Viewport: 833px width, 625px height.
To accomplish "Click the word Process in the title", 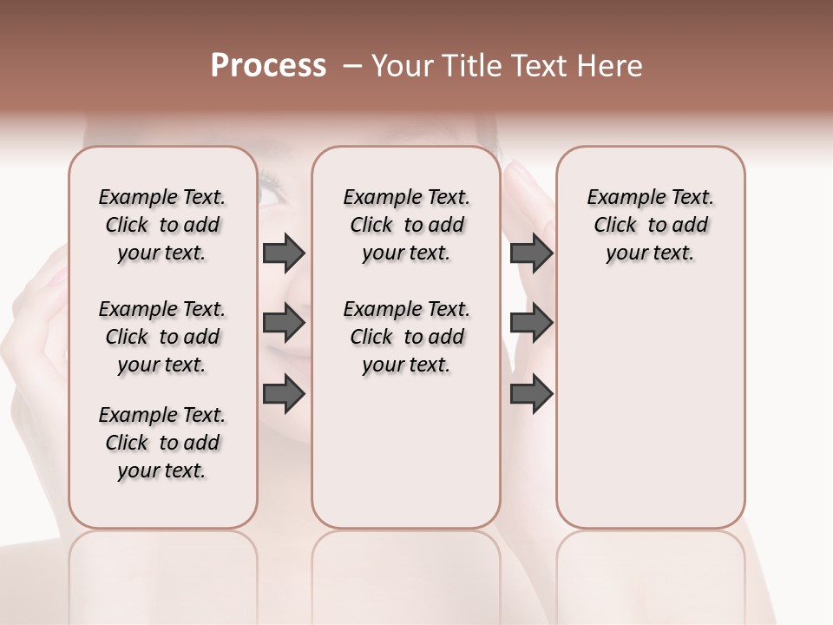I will tap(268, 66).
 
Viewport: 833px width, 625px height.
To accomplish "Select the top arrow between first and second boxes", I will tap(284, 253).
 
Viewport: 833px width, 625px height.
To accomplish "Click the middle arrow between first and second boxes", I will tap(284, 323).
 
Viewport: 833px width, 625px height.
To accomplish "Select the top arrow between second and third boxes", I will tap(532, 253).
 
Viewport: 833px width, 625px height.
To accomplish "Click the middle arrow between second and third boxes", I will tap(532, 323).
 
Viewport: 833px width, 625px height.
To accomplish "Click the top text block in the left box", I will tap(162, 225).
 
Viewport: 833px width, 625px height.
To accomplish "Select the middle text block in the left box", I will tap(162, 337).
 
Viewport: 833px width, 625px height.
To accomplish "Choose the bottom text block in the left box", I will tap(162, 443).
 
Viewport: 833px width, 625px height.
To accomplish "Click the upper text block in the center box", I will tap(406, 225).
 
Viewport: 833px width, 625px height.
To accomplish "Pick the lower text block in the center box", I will tap(406, 337).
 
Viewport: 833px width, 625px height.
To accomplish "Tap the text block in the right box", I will tap(650, 225).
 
